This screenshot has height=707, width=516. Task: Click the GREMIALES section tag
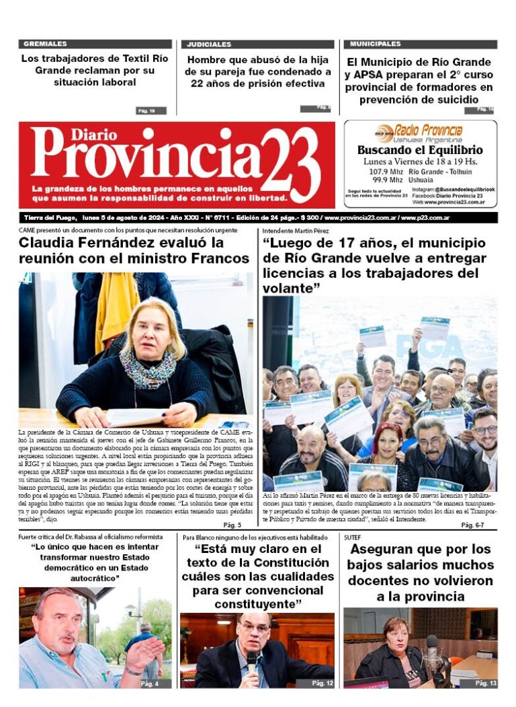click(x=45, y=44)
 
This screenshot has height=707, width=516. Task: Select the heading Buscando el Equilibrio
click(x=420, y=150)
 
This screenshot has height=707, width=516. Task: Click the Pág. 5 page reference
click(x=232, y=525)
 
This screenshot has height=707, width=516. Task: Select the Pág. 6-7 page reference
click(x=475, y=525)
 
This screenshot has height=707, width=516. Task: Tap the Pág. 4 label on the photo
click(x=150, y=683)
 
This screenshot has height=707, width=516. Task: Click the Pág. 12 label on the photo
click(x=322, y=683)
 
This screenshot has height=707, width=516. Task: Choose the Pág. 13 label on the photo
click(x=485, y=683)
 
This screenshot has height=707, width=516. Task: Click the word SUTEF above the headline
click(x=353, y=537)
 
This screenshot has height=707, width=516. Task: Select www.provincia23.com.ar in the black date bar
click(x=360, y=218)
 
